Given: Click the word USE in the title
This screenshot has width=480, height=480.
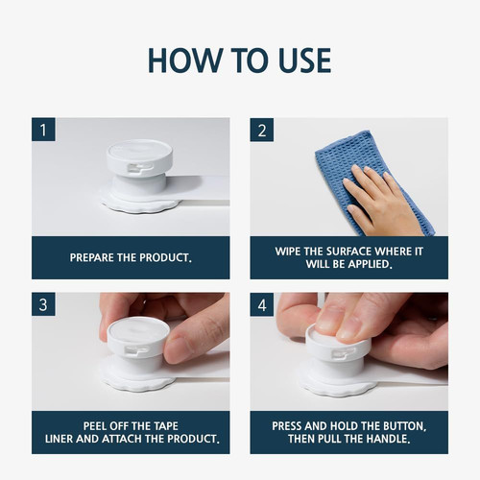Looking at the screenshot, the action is (304, 60).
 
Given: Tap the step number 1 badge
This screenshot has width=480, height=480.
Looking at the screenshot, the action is (43, 130).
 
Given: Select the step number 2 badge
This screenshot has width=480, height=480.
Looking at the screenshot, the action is (262, 130).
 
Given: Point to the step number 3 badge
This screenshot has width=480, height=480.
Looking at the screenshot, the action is (43, 304).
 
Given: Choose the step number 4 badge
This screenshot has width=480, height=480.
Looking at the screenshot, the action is (262, 304).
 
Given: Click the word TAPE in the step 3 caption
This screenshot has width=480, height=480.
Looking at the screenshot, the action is (165, 426).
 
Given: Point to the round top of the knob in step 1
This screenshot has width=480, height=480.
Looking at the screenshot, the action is (139, 151).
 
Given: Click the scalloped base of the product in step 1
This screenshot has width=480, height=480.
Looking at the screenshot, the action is (139, 204).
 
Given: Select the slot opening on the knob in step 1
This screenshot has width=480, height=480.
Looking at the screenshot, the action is (141, 167).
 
